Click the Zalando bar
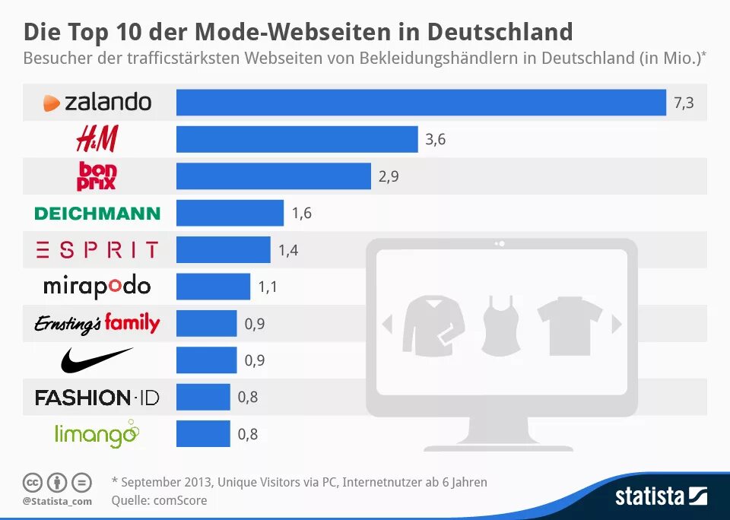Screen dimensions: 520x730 tap(421, 103)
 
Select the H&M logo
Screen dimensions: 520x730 tap(97, 139)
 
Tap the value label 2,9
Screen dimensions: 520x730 tap(389, 176)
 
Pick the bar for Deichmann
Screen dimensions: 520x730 tap(230, 213)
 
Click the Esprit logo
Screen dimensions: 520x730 tap(97, 249)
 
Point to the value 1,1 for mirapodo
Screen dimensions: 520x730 tap(268, 287)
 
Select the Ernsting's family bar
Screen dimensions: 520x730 tap(206, 323)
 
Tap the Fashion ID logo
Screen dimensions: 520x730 tap(97, 397)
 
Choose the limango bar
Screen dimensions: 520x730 tap(203, 434)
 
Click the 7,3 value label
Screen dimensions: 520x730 tap(684, 103)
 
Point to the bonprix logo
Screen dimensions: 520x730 tap(97, 176)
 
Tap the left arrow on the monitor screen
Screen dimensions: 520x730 tap(387, 325)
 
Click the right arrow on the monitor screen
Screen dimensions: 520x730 tap(616, 325)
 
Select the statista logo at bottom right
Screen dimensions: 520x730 tap(661, 496)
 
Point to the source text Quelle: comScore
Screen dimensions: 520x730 tap(159, 500)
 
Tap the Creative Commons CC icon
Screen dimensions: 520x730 tap(32, 482)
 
